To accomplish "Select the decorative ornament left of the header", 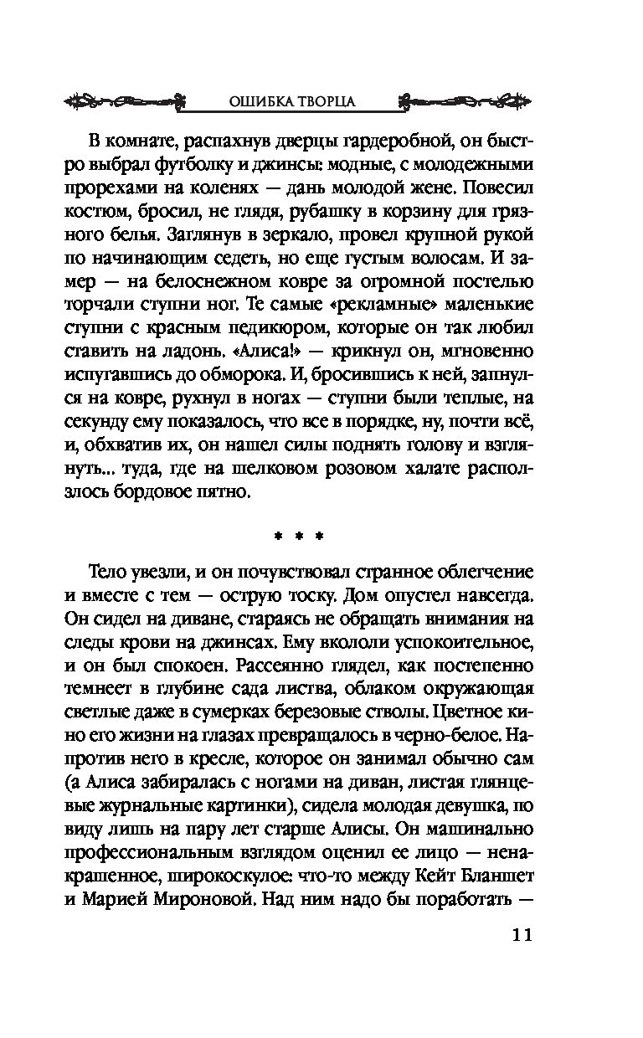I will point(126,100).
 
